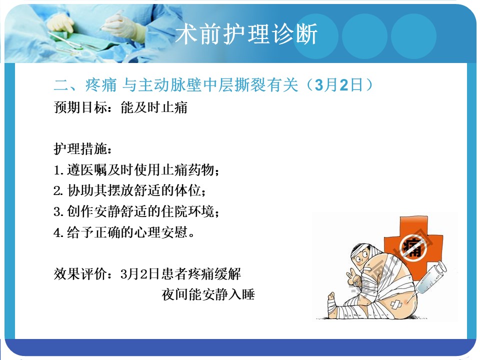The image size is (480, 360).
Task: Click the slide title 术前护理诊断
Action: click(246, 33)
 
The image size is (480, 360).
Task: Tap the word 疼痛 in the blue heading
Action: click(101, 85)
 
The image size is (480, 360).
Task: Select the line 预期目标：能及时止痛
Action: click(120, 107)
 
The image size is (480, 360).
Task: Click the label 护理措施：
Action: click(82, 149)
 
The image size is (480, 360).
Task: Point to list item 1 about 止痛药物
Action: click(136, 169)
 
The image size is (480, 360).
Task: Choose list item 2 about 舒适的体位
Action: click(130, 190)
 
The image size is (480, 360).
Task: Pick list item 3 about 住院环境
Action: click(136, 211)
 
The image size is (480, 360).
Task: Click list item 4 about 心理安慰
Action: click(124, 232)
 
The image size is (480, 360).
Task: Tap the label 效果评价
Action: click(80, 273)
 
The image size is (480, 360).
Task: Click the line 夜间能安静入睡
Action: click(208, 294)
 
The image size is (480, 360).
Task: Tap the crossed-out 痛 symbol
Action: click(414, 247)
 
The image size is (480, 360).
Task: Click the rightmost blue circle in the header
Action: click(413, 36)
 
